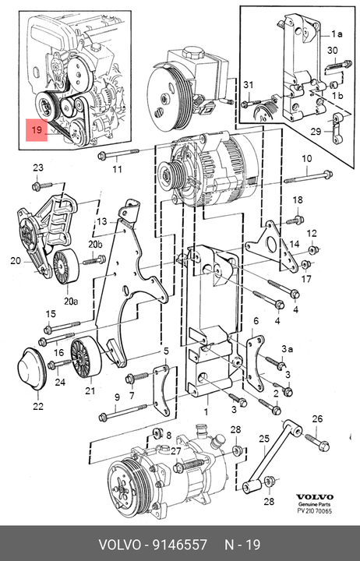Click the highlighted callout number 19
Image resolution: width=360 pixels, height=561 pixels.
[x=37, y=130]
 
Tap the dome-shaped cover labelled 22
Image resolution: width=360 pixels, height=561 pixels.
[x=31, y=369]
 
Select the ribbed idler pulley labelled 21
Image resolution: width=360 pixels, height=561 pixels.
[x=86, y=357]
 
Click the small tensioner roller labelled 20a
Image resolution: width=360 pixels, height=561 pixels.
[x=66, y=265]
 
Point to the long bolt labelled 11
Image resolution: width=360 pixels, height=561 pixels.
[x=118, y=154]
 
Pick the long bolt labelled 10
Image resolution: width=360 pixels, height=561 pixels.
[x=309, y=177]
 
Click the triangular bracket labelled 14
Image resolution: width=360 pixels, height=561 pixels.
[x=272, y=246]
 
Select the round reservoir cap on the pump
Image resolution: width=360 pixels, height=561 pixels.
[x=193, y=53]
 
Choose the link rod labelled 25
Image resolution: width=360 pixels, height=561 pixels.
[x=272, y=456]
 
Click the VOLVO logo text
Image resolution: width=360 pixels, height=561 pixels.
[x=314, y=496]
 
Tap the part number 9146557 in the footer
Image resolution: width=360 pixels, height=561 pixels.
[x=180, y=545]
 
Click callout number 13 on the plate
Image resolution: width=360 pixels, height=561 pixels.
[x=101, y=221]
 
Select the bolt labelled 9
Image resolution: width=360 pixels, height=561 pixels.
[x=123, y=412]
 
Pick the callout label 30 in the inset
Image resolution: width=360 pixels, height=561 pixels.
[x=332, y=51]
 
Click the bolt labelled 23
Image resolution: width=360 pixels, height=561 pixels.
[x=43, y=185]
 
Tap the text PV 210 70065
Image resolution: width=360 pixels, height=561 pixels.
[x=315, y=510]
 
